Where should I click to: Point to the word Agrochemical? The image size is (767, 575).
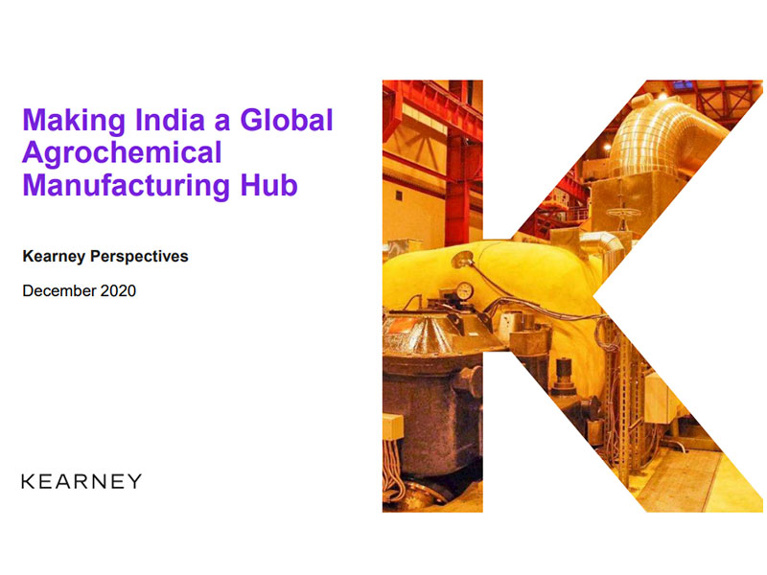pyautogui.click(x=123, y=151)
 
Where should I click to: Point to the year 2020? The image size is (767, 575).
pyautogui.click(x=119, y=290)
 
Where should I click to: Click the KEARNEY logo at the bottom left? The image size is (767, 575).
pyautogui.click(x=81, y=481)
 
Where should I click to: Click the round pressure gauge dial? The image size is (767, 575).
pyautogui.click(x=464, y=289)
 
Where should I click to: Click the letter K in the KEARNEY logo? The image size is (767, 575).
pyautogui.click(x=27, y=481)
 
